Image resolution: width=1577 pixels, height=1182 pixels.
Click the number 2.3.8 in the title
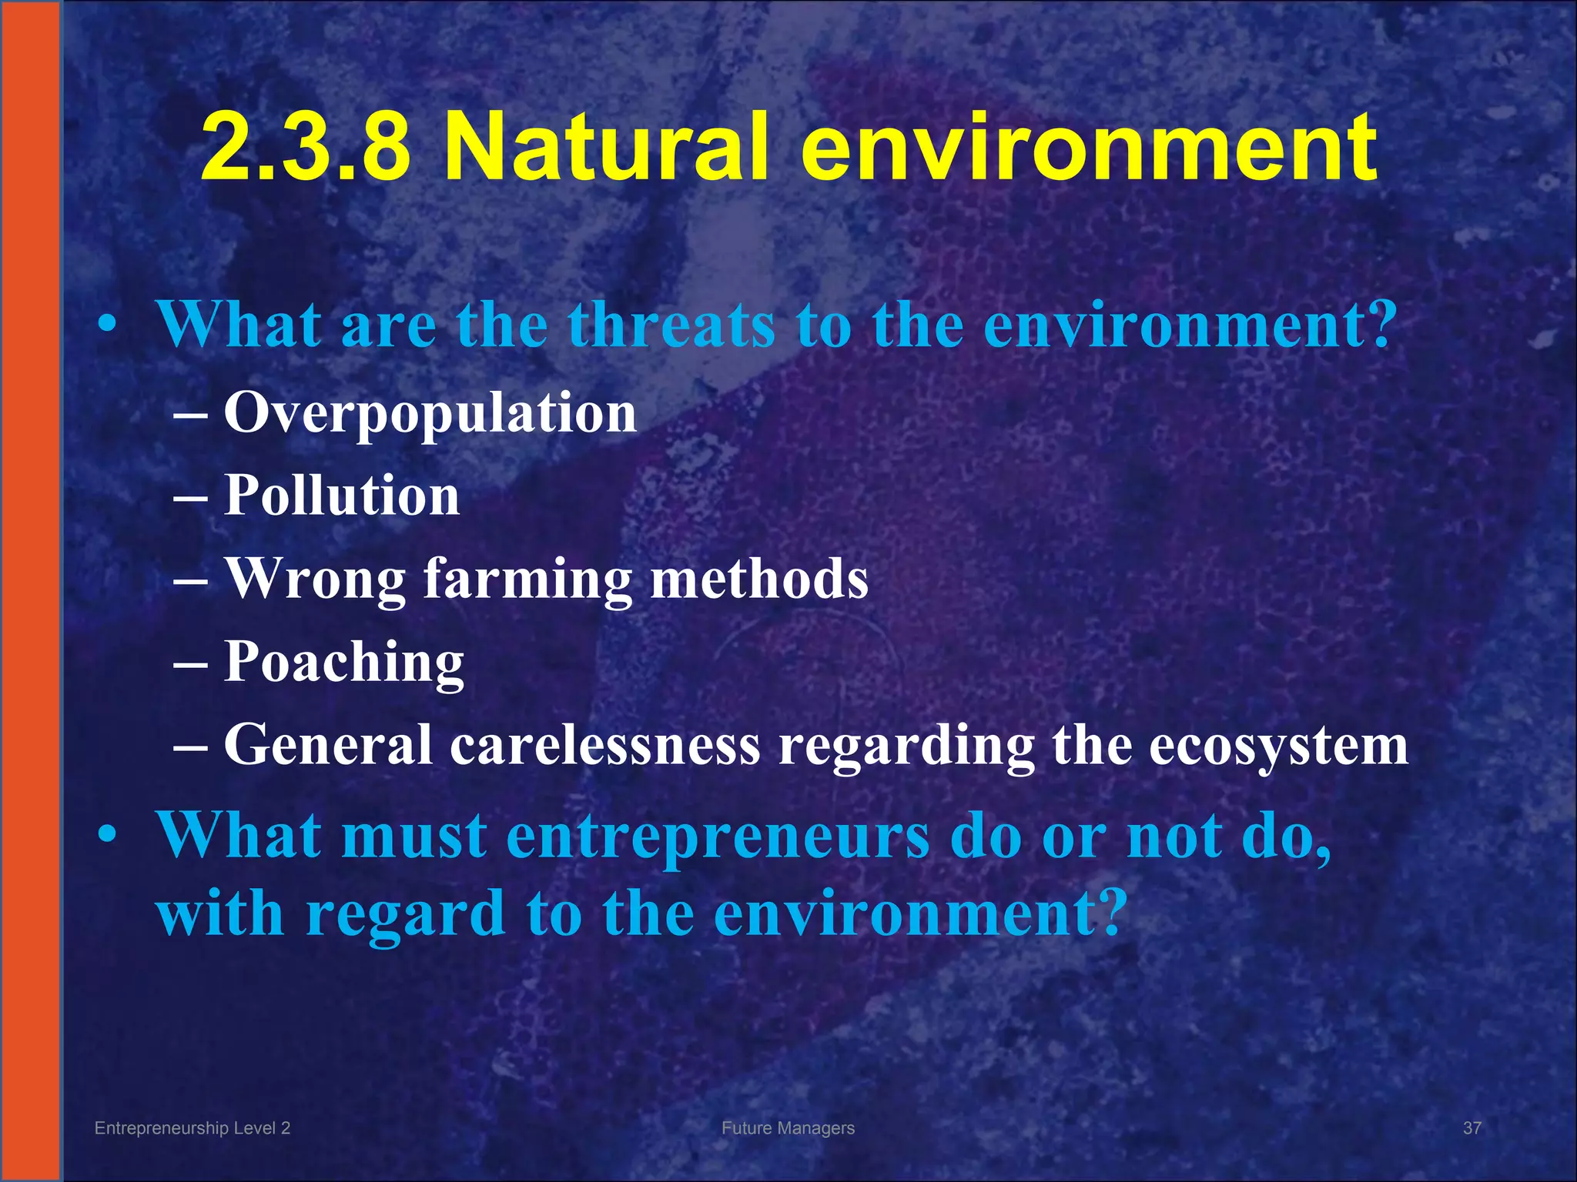click(x=306, y=146)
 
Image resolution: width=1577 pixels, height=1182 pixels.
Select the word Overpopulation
click(x=430, y=413)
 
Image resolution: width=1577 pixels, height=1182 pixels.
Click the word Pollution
click(x=342, y=496)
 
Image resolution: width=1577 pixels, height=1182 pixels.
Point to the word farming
click(x=527, y=579)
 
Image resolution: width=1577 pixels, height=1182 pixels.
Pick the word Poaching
click(x=344, y=663)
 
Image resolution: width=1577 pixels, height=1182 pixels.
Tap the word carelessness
click(x=604, y=745)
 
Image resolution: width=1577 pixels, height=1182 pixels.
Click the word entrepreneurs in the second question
click(x=718, y=836)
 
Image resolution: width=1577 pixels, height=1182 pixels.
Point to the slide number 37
click(x=1472, y=1128)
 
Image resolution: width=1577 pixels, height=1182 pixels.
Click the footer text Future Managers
click(x=788, y=1128)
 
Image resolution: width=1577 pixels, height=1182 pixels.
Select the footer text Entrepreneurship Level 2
click(x=192, y=1128)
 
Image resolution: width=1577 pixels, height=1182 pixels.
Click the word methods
click(x=759, y=579)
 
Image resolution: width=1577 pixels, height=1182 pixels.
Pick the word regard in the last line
click(x=405, y=913)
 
